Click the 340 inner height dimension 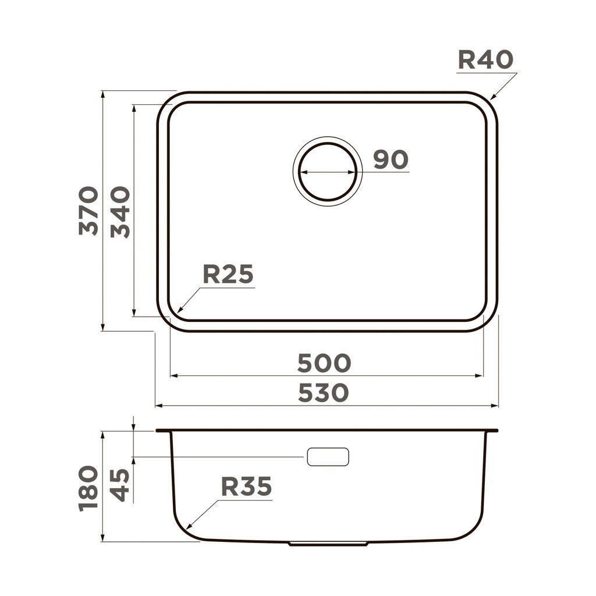pos(120,211)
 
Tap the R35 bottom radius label pos(246,487)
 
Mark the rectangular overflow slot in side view pos(328,457)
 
